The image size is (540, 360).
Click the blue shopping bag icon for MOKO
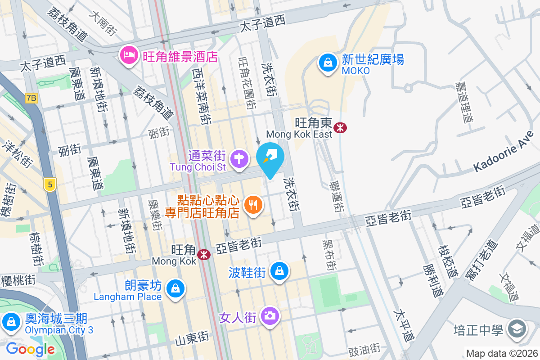[x=328, y=63]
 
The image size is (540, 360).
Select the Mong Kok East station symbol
[x=340, y=128]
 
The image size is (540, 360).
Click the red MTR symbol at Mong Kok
[x=205, y=255]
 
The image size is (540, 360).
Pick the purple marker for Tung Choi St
[x=239, y=158]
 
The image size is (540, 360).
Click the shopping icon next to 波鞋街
[x=280, y=271]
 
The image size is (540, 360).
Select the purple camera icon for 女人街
[x=270, y=316]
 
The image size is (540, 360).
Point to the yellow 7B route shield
[x=31, y=98]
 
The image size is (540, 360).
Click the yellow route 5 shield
[x=50, y=184]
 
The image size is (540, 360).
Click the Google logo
[x=31, y=349]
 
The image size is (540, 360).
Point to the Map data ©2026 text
[x=502, y=354]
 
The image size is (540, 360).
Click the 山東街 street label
[x=192, y=336]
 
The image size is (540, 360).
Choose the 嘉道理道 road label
[x=464, y=103]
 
